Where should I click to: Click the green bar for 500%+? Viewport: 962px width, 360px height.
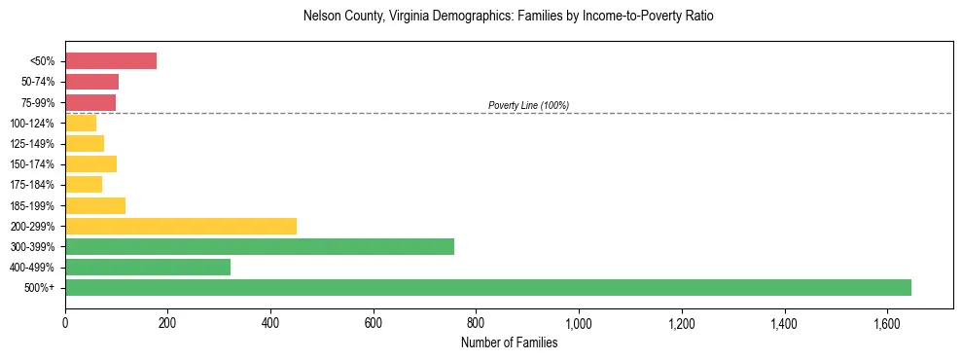point(487,287)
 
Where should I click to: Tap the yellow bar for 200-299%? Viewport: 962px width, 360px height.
point(181,226)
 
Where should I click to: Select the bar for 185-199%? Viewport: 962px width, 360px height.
point(95,205)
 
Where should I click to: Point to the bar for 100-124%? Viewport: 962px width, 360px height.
point(81,123)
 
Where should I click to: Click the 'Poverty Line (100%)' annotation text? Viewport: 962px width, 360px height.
point(528,105)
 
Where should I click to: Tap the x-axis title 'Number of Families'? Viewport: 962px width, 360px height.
point(509,342)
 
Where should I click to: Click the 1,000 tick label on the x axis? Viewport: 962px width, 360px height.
point(579,323)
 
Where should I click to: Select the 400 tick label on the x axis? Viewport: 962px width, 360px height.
point(270,323)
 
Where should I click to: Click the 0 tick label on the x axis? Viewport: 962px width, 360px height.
point(65,323)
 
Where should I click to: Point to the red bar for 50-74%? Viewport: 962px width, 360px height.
point(91,82)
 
